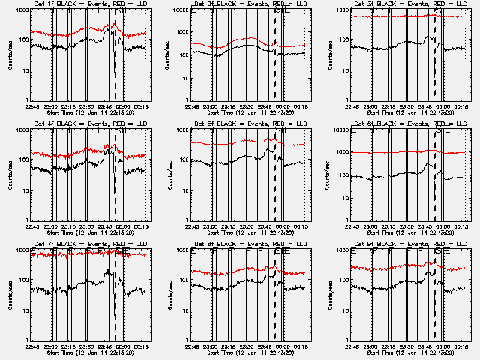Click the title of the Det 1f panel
[x=90, y=4]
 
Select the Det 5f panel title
[x=250, y=124]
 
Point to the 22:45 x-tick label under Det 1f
[x=33, y=106]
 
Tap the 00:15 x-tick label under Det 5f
[x=302, y=226]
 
